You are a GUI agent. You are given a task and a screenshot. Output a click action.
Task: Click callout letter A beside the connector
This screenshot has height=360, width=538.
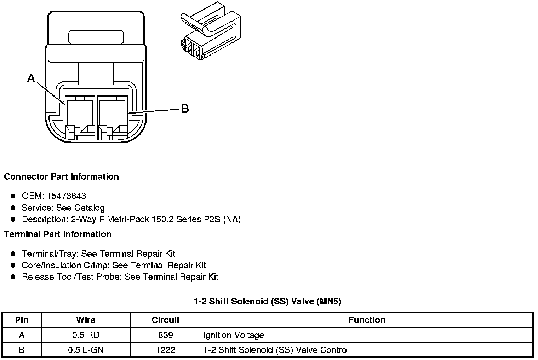[31, 78]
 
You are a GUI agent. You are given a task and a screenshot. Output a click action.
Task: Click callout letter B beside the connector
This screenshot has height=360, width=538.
[185, 109]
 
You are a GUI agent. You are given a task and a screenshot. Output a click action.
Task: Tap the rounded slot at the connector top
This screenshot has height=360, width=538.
[96, 37]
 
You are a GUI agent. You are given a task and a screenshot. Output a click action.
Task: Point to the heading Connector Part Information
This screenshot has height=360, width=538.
[61, 176]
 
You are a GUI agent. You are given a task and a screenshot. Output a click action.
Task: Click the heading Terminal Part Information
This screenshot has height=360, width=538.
[58, 234]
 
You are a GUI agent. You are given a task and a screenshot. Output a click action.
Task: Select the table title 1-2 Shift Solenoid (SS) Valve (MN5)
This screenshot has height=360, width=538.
[268, 301]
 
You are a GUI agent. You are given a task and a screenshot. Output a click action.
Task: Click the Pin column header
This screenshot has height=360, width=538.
[22, 320]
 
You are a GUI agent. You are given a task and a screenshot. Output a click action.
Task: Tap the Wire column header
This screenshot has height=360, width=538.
[86, 320]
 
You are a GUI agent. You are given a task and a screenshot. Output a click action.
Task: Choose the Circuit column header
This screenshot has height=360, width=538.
[165, 320]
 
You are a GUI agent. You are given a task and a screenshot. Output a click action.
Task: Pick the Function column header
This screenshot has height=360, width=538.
[367, 320]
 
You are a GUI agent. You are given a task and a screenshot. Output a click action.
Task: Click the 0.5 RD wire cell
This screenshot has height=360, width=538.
[86, 335]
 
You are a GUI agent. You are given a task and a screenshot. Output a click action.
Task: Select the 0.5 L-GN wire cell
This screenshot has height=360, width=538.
[86, 350]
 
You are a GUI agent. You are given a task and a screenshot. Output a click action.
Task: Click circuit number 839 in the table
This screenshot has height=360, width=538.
[165, 335]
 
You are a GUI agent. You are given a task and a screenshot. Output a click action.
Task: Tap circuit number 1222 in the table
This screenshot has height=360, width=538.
[165, 350]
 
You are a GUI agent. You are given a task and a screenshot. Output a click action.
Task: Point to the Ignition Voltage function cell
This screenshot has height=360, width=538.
[234, 335]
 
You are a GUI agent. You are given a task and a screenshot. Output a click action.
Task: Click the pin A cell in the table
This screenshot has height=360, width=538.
[22, 335]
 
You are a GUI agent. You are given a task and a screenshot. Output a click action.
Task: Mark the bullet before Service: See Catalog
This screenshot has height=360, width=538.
[13, 208]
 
